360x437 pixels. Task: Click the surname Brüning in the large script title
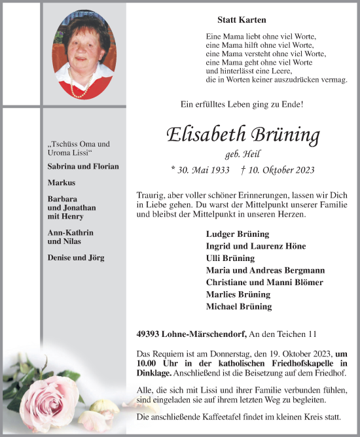[284, 135]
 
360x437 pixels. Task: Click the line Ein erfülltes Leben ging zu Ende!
[242, 104]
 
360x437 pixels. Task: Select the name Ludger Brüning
[237, 234]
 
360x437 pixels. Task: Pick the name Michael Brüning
[238, 306]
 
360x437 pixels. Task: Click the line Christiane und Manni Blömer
[264, 282]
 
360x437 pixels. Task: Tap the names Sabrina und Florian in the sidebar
[83, 166]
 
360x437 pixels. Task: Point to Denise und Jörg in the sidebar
[76, 258]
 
